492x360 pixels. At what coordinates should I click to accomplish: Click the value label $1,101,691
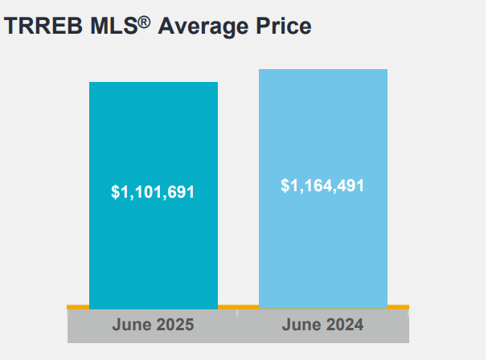(153, 193)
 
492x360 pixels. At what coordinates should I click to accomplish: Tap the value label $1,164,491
(322, 186)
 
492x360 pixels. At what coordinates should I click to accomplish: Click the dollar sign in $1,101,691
(115, 193)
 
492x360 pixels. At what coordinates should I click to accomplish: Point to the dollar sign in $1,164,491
(285, 186)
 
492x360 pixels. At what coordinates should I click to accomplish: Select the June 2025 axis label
(153, 325)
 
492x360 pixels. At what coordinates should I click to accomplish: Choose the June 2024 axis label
(322, 325)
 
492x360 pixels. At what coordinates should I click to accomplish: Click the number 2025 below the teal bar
(174, 325)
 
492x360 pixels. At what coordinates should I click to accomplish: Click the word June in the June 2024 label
(301, 325)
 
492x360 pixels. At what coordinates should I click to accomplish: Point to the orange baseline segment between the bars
(238, 307)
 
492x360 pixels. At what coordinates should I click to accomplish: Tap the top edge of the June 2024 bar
(322, 70)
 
